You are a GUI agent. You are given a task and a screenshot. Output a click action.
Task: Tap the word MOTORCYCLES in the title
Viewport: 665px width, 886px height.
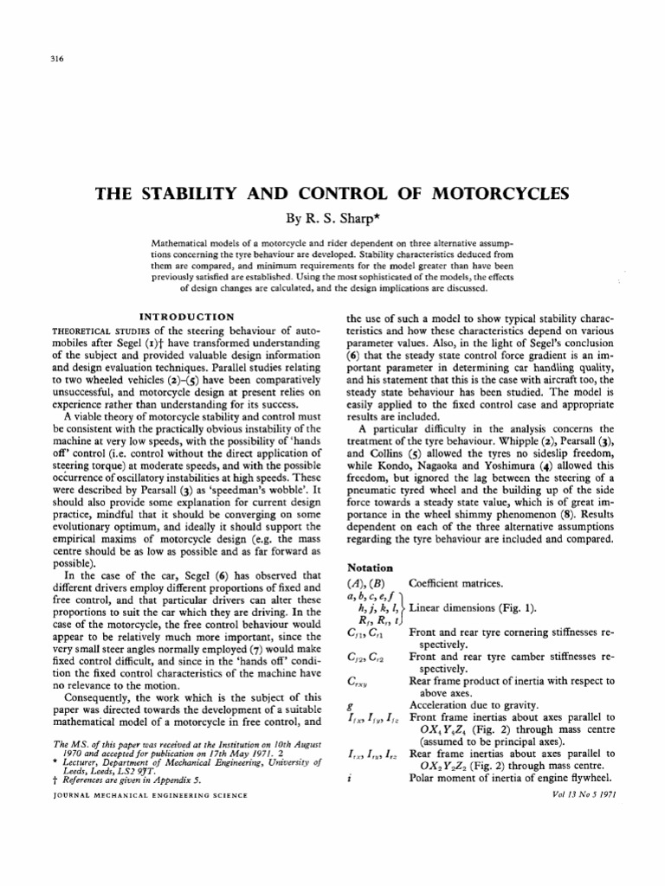pyautogui.click(x=489, y=193)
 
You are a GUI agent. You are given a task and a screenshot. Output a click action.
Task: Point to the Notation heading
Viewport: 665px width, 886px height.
pyautogui.click(x=370, y=568)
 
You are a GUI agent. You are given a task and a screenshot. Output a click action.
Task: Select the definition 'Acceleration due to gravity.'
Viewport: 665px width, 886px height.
pyautogui.click(x=472, y=703)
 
